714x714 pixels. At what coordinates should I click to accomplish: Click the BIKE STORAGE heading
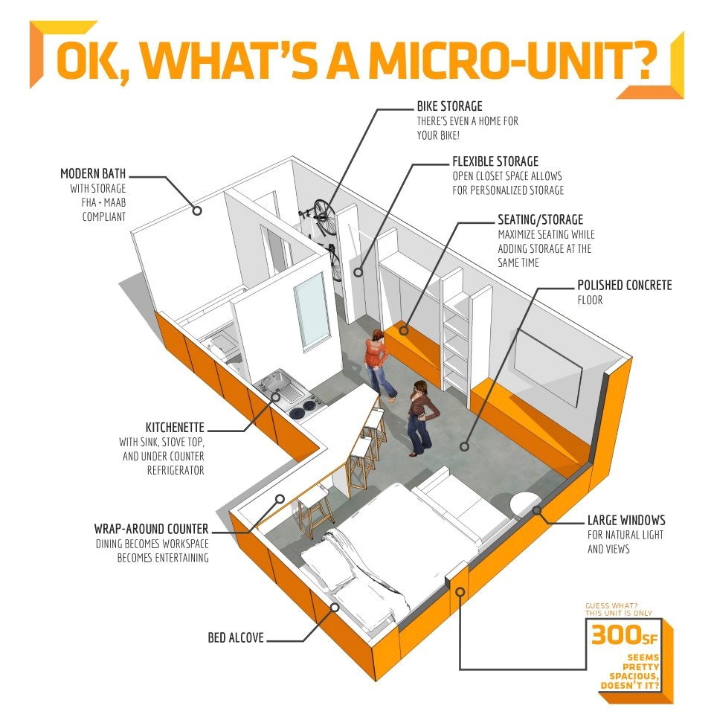pos(449,106)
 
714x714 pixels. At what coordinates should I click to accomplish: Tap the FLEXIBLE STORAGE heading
pos(495,161)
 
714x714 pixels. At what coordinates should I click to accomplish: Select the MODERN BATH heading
pos(93,173)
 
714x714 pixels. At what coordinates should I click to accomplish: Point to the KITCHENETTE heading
pos(175,428)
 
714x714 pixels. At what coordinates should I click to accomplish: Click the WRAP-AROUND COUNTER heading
pos(151,529)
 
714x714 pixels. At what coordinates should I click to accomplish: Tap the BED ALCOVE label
pos(236,637)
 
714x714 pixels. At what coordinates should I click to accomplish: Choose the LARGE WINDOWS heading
pos(626,520)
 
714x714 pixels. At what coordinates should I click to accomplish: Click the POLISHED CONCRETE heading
pos(625,285)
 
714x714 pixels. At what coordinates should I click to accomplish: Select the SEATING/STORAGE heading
pos(541,219)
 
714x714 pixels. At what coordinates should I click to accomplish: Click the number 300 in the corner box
pos(616,634)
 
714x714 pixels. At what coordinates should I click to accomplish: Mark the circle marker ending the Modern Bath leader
pos(197,210)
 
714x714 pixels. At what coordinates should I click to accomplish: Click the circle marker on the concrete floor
pos(464,447)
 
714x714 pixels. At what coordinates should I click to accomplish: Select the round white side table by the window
pos(525,504)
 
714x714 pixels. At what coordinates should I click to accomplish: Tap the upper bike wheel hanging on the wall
pos(325,217)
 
